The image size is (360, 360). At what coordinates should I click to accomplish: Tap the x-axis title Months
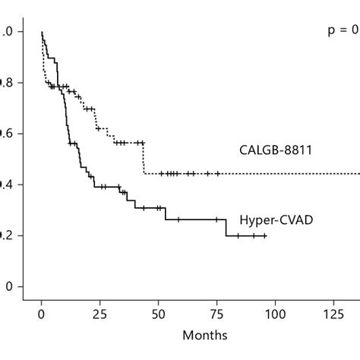[204, 334]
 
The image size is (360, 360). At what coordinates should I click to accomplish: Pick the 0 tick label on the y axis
[9, 286]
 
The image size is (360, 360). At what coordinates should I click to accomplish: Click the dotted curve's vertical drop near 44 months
[144, 158]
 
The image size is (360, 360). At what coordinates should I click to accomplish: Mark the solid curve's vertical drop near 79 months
[226, 228]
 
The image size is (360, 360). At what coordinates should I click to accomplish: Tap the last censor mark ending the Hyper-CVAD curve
[264, 235]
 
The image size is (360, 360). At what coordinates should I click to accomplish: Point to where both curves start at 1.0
[42, 33]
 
